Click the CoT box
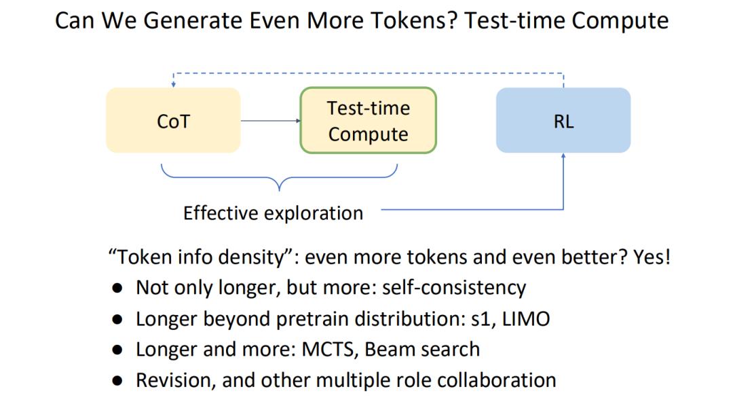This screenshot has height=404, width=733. [174, 120]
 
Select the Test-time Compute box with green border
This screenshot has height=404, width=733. [369, 120]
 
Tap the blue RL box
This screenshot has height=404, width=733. [563, 120]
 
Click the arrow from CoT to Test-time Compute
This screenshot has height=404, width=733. [271, 121]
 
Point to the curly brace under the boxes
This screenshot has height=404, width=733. [279, 178]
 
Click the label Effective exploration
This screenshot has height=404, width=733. [273, 213]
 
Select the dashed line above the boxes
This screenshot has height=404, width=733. [369, 73]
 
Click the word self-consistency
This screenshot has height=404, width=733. [454, 288]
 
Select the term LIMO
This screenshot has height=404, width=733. [526, 319]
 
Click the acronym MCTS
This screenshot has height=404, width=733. [330, 349]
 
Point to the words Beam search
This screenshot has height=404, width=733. [422, 349]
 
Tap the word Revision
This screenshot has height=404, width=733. [176, 380]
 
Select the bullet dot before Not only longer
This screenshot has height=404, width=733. [117, 288]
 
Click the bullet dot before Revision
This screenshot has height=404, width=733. [117, 381]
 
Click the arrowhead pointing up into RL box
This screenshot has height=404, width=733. [563, 155]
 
